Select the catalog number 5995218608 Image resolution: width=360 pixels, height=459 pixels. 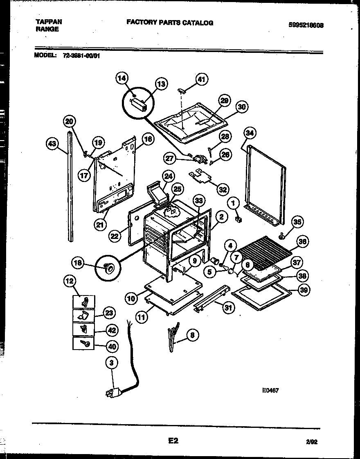pyautogui.click(x=306, y=25)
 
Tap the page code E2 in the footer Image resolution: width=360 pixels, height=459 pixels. pyautogui.click(x=173, y=441)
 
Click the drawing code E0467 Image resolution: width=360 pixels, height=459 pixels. pyautogui.click(x=270, y=391)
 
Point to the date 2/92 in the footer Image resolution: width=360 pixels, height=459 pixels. pyautogui.click(x=312, y=442)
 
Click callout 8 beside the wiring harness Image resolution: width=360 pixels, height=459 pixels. pyautogui.click(x=192, y=335)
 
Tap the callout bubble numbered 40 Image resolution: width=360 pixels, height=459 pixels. pyautogui.click(x=111, y=346)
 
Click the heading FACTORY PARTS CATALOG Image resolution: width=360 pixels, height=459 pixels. pyautogui.click(x=169, y=23)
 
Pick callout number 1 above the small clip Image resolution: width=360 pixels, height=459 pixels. pyautogui.click(x=234, y=202)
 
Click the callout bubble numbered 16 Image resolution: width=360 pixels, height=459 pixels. pyautogui.click(x=148, y=139)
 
